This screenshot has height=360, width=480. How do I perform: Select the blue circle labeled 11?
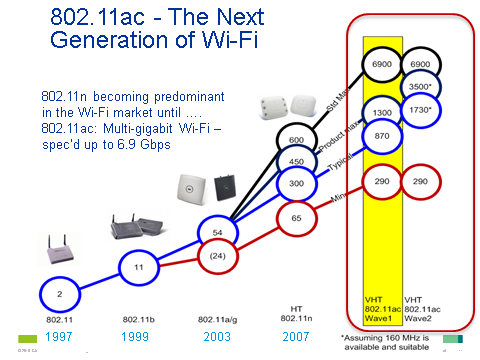point(140,267)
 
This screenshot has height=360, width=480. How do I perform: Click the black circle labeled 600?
point(297,140)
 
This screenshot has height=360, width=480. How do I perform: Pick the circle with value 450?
point(297,162)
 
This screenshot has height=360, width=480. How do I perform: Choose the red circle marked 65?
point(297,216)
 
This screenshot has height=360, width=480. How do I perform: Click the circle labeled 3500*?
point(421,87)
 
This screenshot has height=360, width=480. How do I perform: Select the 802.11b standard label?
point(139,319)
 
